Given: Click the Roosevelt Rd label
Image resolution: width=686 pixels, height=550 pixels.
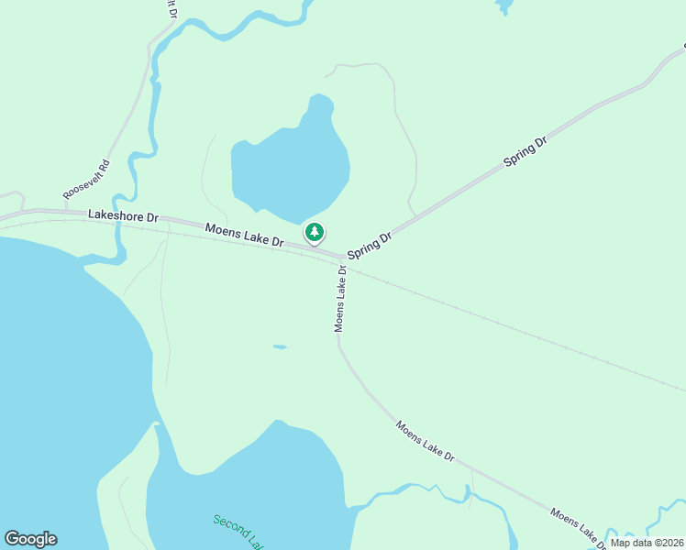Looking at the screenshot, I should click(87, 181).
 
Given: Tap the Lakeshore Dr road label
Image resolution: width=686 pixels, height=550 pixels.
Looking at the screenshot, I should click(123, 216).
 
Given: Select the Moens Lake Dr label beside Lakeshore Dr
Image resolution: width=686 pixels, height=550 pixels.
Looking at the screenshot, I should click(244, 235).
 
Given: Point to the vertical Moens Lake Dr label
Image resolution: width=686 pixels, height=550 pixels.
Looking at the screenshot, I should click(340, 298).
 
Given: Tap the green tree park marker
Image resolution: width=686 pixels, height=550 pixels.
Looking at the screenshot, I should click(315, 232).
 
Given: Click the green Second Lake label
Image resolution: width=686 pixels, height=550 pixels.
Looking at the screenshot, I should click(238, 533).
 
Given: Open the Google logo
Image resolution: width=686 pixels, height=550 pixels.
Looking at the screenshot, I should click(30, 539).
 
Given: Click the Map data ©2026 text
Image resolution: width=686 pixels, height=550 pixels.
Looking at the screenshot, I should click(647, 543).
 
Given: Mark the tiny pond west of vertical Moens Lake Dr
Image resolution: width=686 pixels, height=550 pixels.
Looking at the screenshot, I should click(280, 346).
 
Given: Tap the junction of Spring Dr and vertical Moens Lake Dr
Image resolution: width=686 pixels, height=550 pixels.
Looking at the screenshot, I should click(343, 258).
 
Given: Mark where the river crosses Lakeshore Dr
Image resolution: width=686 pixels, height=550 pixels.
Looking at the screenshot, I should click(118, 220).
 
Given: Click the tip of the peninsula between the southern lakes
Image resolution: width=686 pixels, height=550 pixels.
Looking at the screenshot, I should click(158, 425).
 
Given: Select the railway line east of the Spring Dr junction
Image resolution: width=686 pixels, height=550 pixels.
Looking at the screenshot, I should click(514, 325).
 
